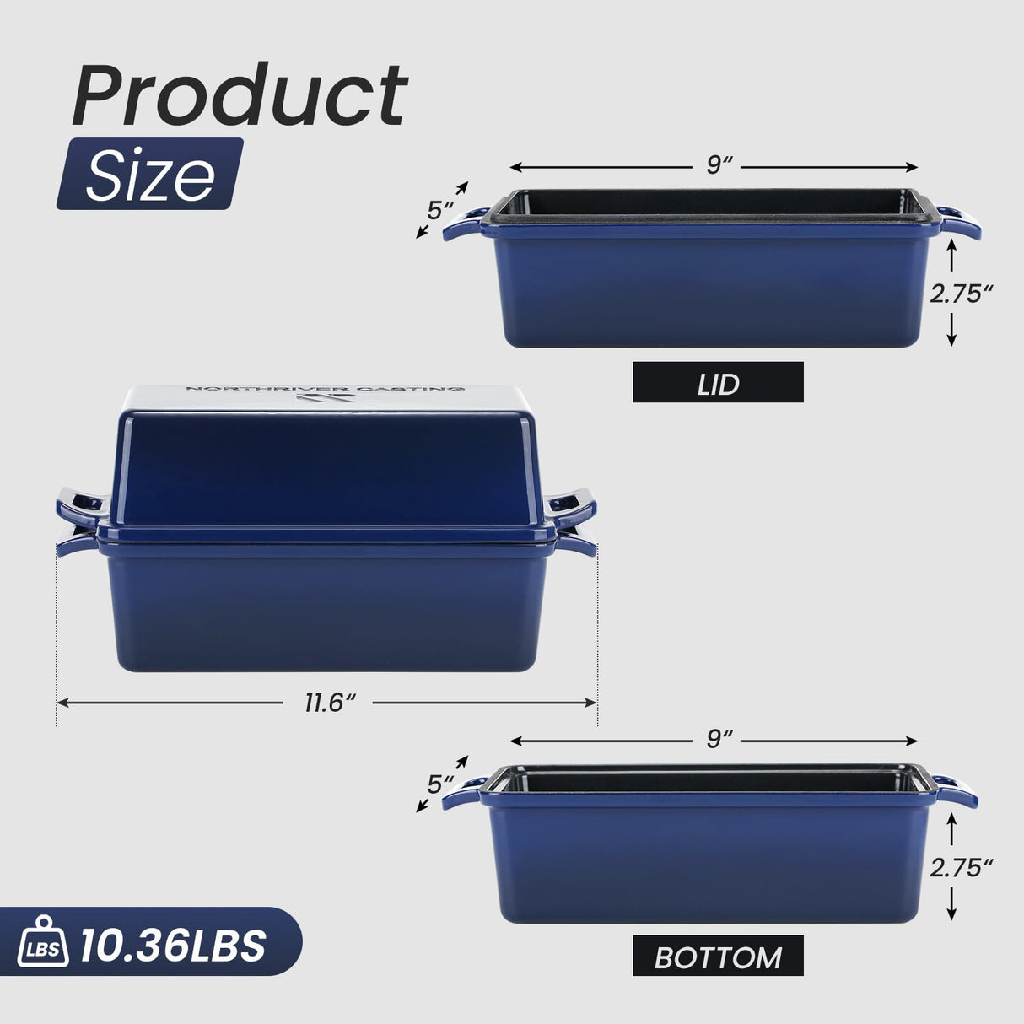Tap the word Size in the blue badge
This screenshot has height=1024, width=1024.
click(x=150, y=175)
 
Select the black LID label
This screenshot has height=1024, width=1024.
click(x=718, y=383)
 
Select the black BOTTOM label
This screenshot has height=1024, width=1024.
click(x=718, y=957)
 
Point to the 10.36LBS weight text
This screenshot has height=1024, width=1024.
click(x=173, y=946)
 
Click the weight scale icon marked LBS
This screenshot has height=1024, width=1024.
click(x=42, y=944)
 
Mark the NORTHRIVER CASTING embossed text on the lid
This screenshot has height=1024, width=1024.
click(x=325, y=389)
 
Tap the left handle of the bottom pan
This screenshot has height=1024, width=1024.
click(x=463, y=795)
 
